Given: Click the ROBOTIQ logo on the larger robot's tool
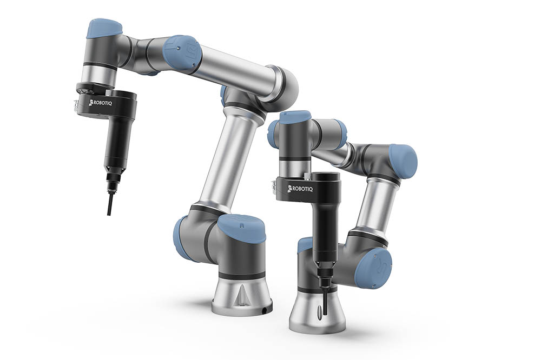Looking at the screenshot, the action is pyautogui.click(x=100, y=103).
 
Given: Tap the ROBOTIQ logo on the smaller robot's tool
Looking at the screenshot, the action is pyautogui.click(x=300, y=189).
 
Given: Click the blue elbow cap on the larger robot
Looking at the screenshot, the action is pyautogui.click(x=182, y=52).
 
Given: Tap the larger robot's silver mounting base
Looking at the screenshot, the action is pyautogui.click(x=242, y=295).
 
